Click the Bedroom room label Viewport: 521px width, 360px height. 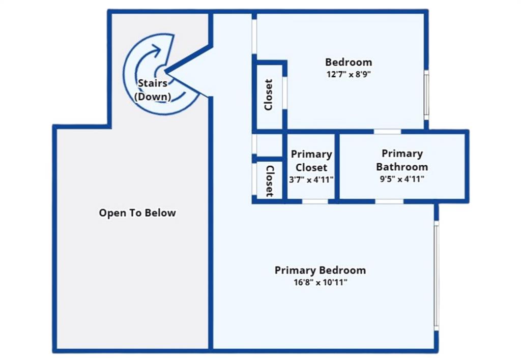point(348,62)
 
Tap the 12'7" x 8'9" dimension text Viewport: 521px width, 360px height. point(348,74)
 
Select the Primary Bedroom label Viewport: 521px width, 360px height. point(320,270)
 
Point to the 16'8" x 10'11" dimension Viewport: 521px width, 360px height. point(321,282)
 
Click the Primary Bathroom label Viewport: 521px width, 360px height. point(402,160)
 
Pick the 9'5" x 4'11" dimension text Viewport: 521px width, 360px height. point(402,179)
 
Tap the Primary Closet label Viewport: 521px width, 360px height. point(311,161)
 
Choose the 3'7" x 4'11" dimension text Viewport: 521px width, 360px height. point(311,179)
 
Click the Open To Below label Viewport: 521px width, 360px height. point(137,213)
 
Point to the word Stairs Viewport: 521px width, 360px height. point(153,83)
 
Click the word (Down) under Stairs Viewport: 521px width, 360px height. point(153,96)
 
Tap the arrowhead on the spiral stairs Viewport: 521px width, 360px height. point(156,49)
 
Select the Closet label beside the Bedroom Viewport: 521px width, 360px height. point(269,95)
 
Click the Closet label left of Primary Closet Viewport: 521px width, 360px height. point(270,181)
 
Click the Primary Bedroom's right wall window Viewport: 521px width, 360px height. point(436,276)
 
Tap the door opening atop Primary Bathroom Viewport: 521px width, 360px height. point(387,132)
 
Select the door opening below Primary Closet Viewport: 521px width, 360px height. point(315,201)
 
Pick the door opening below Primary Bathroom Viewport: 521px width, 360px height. point(389,201)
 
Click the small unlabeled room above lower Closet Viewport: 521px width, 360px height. point(270,144)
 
